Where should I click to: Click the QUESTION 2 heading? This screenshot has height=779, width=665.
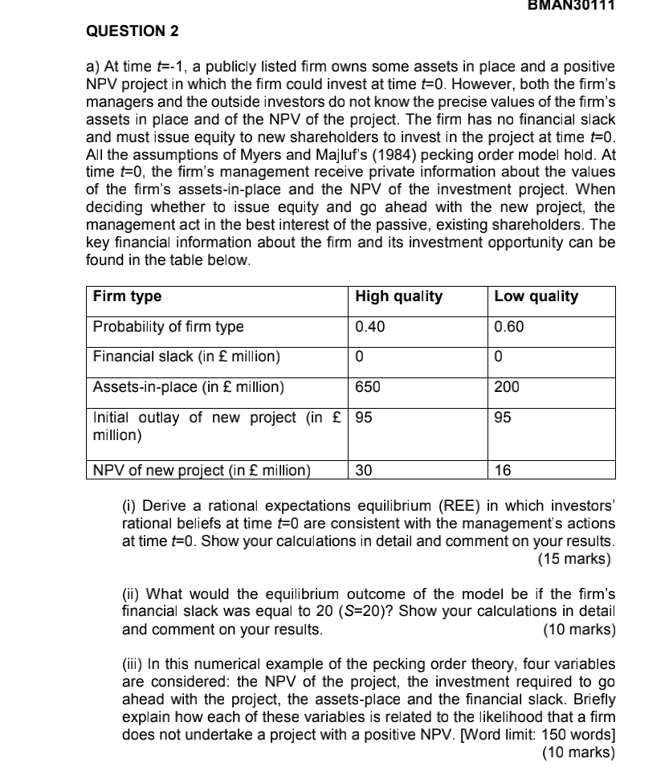click(x=133, y=31)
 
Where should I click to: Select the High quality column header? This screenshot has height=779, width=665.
click(x=399, y=296)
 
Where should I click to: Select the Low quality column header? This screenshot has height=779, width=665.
click(x=536, y=296)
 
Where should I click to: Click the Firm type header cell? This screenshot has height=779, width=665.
click(x=127, y=296)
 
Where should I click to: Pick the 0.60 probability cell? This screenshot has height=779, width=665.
click(x=509, y=327)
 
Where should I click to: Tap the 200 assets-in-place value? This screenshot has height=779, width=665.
click(x=507, y=387)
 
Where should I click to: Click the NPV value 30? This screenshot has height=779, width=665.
click(x=363, y=471)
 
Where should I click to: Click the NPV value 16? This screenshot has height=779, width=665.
click(x=503, y=471)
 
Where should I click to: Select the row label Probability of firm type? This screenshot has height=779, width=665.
click(x=169, y=327)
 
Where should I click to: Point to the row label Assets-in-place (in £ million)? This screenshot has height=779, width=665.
click(x=189, y=387)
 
